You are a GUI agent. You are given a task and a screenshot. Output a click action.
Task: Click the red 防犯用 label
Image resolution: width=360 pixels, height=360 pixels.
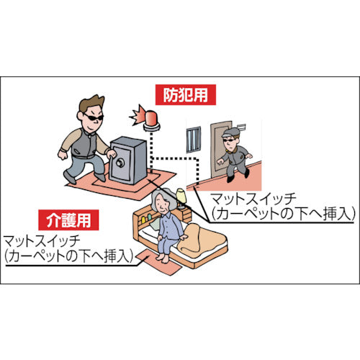186,95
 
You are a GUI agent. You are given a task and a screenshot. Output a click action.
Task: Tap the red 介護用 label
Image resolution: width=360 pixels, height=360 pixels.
68,220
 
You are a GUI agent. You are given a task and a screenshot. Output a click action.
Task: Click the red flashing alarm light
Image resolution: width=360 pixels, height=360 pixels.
151,120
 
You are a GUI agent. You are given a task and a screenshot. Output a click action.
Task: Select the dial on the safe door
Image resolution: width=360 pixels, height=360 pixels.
120,163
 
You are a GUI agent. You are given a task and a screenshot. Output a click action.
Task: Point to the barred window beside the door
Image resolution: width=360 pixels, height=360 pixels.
194,140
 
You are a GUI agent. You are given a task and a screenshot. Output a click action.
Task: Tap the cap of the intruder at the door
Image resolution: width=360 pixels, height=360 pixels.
230,132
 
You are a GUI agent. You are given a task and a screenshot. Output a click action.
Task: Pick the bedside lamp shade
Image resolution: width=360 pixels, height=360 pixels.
181,196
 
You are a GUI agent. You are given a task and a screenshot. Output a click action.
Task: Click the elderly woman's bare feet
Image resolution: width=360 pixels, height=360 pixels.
163,258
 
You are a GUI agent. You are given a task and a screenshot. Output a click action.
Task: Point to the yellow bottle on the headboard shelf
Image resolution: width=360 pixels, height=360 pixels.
143,220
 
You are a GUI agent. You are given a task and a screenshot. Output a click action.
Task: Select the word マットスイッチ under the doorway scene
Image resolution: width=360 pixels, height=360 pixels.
253,199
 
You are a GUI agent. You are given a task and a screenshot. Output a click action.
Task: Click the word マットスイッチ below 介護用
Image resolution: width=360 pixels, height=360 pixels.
42,241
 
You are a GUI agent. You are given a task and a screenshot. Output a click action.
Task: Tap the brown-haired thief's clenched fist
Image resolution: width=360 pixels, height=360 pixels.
63,156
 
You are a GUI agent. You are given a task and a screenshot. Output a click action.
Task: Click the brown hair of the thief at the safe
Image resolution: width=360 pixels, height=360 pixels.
91,103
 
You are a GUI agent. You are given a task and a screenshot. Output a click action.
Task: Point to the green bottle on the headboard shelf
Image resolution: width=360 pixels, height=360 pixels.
150,217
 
